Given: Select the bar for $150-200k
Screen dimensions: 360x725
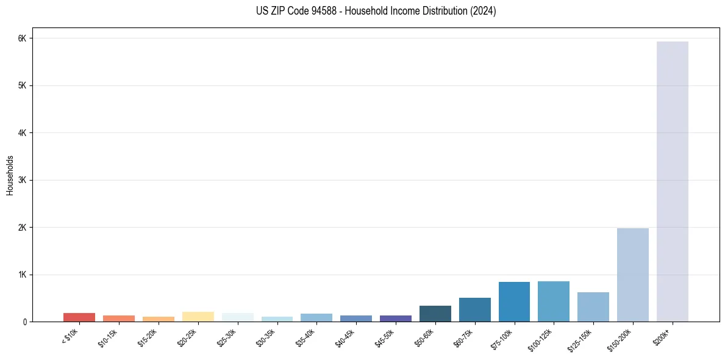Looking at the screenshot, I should pos(632,275).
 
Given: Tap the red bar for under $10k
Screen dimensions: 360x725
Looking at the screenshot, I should pos(79,317).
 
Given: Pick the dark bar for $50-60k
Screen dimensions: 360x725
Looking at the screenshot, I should pos(435,314).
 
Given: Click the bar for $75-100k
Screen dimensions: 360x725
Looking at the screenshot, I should pos(514,301).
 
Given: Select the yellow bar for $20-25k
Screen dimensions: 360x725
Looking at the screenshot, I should pos(198,317).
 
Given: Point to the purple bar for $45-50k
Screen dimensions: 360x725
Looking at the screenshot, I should pos(395,319).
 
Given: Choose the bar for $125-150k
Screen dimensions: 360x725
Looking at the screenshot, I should pos(593,307).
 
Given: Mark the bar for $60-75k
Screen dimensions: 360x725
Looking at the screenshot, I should pos(474,310).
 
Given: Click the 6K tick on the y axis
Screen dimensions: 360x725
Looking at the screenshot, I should pos(23,38).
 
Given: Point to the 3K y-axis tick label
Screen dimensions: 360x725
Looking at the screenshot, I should pos(23,180).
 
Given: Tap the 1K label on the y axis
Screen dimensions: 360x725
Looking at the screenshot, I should pos(23,275).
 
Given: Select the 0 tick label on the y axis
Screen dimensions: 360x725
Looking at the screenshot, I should pos(25,322).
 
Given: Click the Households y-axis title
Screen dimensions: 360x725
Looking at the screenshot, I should pos(10,175).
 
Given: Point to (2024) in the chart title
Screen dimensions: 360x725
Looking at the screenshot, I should pos(483,11).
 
